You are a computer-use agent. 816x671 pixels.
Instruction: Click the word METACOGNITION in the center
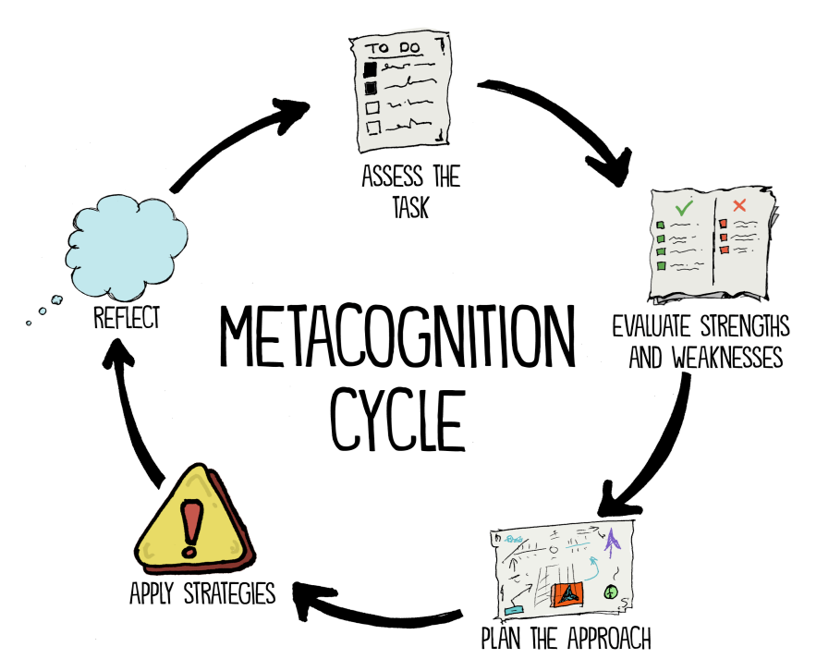[x=397, y=335]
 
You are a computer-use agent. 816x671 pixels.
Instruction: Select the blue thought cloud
[x=127, y=247]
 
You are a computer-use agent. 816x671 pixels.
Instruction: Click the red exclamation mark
[x=191, y=528]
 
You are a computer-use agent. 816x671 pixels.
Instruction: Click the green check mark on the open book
[x=684, y=208]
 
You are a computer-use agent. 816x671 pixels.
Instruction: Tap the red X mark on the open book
[x=739, y=205]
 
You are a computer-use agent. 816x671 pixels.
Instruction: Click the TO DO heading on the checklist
[x=394, y=48]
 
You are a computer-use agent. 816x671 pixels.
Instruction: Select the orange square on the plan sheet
[x=567, y=594]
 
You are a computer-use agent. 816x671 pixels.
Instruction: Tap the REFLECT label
[x=127, y=317]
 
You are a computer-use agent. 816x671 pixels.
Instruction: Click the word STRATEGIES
[x=229, y=593]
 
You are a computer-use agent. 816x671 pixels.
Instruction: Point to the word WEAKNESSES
[x=727, y=357]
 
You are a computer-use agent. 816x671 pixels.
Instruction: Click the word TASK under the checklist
[x=410, y=207]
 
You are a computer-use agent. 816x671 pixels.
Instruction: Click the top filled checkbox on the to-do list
[x=370, y=68]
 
